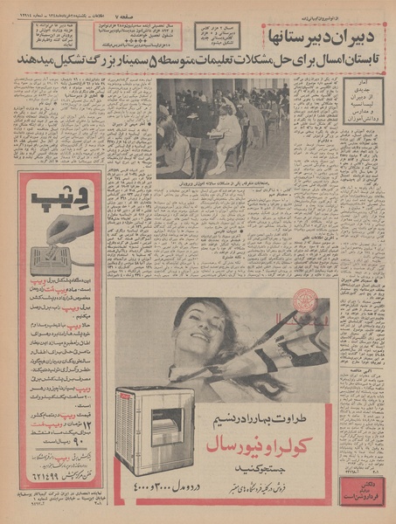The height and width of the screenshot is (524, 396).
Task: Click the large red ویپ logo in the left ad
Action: coord(54,199)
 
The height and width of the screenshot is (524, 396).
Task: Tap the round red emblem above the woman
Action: coord(306,300)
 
